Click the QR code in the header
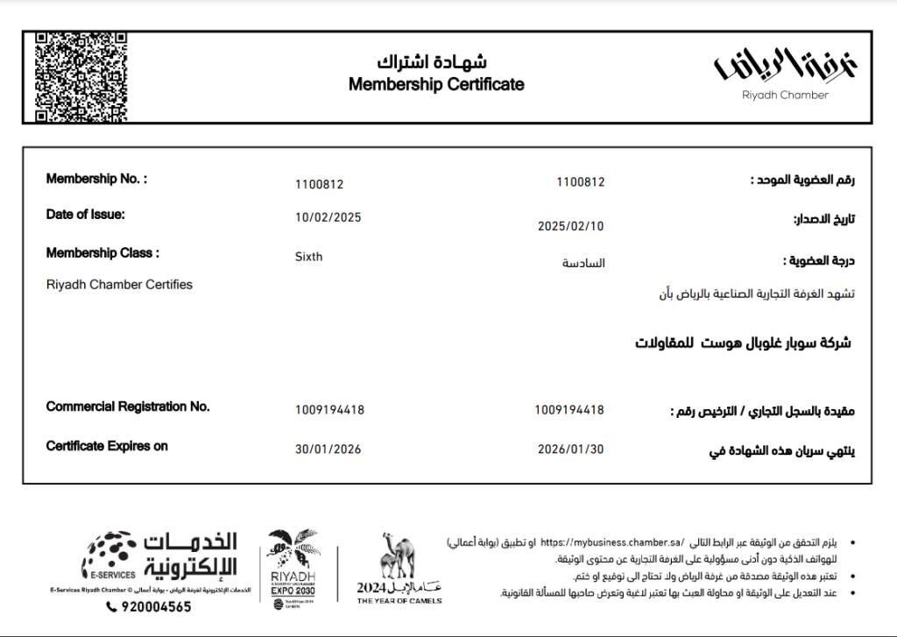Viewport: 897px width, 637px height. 81,76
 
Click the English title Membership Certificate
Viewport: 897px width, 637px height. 436,85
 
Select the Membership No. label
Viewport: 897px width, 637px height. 96,180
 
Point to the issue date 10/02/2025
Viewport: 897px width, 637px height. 328,217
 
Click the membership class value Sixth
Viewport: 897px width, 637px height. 309,257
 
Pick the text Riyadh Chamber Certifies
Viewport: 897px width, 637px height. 119,285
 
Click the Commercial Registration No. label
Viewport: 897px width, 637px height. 128,407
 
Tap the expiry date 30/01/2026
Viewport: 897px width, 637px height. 328,449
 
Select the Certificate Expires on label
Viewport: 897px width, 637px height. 107,447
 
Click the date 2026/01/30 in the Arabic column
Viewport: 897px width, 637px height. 571,449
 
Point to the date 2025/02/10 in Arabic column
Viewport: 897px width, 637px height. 571,226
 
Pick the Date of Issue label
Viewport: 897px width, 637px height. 85,215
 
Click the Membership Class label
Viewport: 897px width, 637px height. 102,254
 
